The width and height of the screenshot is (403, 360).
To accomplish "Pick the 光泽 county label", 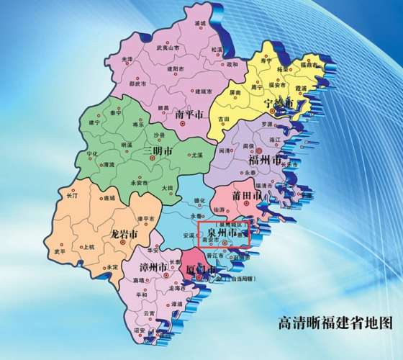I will pos(127,59).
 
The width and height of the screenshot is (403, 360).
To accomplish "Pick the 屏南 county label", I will pos(235,93).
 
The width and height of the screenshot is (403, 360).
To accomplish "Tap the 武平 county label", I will pos(58,251).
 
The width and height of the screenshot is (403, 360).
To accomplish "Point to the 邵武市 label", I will pos(138,84).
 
